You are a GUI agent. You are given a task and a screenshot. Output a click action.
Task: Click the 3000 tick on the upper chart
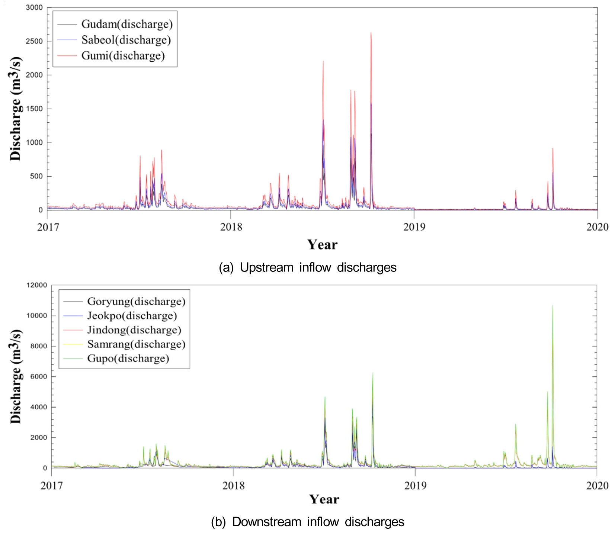(x=34, y=7)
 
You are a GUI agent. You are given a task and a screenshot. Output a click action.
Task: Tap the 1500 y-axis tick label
(x=34, y=109)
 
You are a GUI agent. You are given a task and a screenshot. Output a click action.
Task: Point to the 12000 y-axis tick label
(x=37, y=285)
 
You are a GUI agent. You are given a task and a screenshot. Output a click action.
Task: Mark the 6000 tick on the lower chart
(x=39, y=377)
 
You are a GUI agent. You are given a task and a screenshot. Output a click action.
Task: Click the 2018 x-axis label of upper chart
(x=231, y=227)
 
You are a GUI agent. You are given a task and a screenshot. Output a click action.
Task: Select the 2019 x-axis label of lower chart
(x=415, y=486)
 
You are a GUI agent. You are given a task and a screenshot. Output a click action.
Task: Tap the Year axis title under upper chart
(x=322, y=245)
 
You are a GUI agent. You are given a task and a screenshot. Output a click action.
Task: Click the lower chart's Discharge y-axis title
(x=16, y=376)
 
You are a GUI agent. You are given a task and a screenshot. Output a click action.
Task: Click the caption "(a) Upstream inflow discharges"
(x=308, y=267)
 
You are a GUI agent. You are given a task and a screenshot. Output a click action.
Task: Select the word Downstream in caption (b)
(x=266, y=522)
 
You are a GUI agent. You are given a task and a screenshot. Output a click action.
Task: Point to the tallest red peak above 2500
(x=371, y=33)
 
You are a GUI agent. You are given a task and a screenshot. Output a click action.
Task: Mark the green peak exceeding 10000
(x=552, y=306)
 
